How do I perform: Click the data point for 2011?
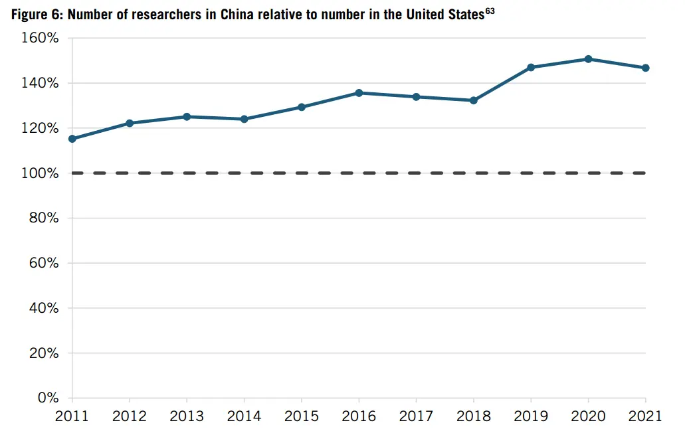72,139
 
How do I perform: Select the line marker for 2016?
359,93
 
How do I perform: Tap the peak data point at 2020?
588,59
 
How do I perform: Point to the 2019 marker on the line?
531,67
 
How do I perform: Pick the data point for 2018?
474,100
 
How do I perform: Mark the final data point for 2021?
645,68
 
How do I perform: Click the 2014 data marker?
245,119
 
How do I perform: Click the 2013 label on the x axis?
187,416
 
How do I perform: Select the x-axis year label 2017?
416,416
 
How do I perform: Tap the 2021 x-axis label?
645,416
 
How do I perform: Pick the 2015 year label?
302,416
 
